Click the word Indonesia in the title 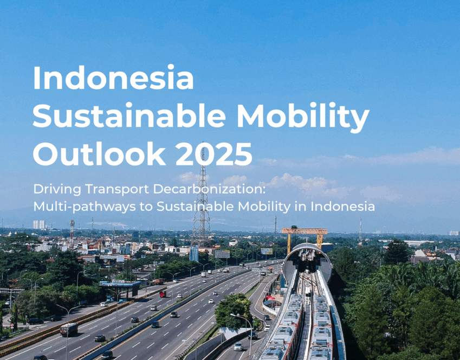[113, 78]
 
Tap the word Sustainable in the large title [129, 115]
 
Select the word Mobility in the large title [303, 118]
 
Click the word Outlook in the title [99, 153]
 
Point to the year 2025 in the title [213, 154]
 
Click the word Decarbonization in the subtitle [209, 189]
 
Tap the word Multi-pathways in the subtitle [85, 207]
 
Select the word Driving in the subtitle [57, 189]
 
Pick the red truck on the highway [163, 294]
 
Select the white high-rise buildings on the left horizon [38, 224]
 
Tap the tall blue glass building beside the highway [194, 254]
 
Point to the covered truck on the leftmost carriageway [69, 329]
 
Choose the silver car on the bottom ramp [238, 346]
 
